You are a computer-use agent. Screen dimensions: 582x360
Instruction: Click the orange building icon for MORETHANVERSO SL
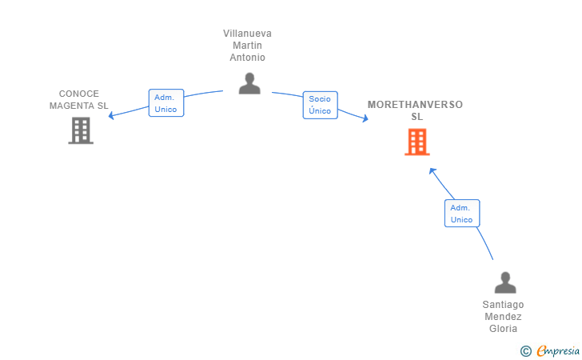(x=417, y=142)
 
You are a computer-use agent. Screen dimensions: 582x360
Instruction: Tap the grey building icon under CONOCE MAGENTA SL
(x=81, y=130)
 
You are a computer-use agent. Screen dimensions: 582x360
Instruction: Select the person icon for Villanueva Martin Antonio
(x=249, y=83)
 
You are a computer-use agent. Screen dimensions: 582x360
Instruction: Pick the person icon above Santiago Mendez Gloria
(x=505, y=282)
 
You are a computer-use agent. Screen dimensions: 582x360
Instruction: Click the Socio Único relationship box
(x=321, y=105)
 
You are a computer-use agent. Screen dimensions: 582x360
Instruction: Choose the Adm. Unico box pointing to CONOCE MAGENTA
(x=166, y=103)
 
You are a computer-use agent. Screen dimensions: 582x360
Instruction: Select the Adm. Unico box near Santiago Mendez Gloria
(x=462, y=214)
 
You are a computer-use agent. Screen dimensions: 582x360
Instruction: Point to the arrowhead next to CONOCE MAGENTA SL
(x=110, y=116)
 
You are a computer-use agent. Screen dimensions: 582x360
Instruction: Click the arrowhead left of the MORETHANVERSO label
(x=365, y=118)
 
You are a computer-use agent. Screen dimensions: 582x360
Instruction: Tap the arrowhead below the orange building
(x=432, y=171)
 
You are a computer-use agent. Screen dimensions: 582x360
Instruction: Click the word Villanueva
(x=247, y=34)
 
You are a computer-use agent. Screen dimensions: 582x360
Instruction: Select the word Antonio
(x=247, y=58)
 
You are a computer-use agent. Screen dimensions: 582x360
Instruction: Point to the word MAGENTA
(x=72, y=106)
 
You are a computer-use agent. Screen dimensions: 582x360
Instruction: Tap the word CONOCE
(x=79, y=94)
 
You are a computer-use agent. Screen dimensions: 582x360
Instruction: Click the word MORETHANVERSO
(x=416, y=104)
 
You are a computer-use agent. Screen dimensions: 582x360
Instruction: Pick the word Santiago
(x=504, y=305)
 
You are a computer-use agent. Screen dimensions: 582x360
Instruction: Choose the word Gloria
(x=504, y=329)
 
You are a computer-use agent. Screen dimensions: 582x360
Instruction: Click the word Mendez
(x=504, y=317)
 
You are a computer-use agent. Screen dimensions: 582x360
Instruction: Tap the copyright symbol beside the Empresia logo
(x=526, y=351)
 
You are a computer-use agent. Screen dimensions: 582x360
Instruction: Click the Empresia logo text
(x=558, y=351)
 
